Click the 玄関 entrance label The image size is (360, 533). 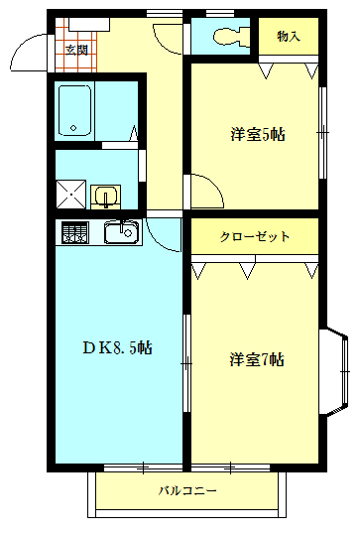(x=75, y=48)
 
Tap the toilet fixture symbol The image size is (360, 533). (x=226, y=37)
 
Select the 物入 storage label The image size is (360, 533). (x=289, y=37)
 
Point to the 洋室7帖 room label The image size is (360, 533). (x=256, y=359)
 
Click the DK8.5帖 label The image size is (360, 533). (x=116, y=347)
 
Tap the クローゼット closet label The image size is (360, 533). (x=255, y=237)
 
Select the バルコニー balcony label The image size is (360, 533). (x=187, y=491)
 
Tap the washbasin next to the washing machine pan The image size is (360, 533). (x=105, y=195)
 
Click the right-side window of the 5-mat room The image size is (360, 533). (x=322, y=130)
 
